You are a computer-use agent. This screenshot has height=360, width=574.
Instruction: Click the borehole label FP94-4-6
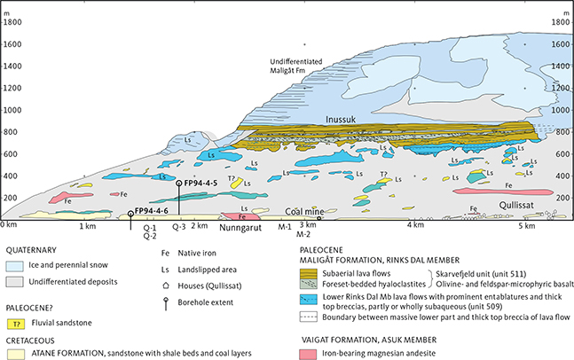pos(153,210)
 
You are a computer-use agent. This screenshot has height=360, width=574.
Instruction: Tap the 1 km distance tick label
pos(86,226)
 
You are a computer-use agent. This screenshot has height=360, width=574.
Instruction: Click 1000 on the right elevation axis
pos(559,112)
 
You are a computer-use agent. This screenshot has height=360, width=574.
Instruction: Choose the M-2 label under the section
pos(303,235)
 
